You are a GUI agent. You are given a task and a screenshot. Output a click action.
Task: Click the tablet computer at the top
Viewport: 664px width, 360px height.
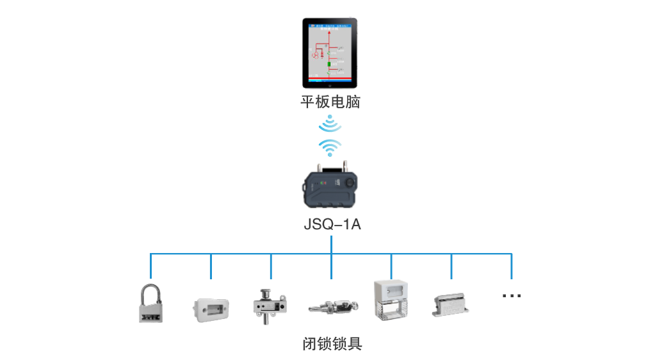pyautogui.click(x=330, y=53)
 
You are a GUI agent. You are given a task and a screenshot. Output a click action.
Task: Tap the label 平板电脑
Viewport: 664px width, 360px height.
pyautogui.click(x=330, y=102)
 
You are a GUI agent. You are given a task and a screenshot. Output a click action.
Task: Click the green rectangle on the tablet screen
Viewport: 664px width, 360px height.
pyautogui.click(x=329, y=65)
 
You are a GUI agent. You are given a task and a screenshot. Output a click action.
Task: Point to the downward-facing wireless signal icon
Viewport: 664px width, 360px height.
pyautogui.click(x=330, y=124)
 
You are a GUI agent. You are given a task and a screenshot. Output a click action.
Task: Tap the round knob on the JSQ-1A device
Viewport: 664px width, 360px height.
pyautogui.click(x=350, y=183)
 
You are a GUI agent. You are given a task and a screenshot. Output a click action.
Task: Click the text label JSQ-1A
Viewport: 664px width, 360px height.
pyautogui.click(x=330, y=225)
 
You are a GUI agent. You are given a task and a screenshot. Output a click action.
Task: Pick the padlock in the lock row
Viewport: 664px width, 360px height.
pyautogui.click(x=151, y=305)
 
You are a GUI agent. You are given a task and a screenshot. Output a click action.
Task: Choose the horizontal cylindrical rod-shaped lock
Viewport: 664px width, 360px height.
pyautogui.click(x=330, y=306)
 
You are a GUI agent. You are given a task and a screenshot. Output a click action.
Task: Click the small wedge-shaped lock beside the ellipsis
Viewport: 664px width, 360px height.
pyautogui.click(x=451, y=306)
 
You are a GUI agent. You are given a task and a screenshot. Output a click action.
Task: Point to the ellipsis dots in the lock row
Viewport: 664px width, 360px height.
pyautogui.click(x=512, y=295)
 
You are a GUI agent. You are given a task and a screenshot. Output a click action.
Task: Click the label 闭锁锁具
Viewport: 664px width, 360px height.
pyautogui.click(x=332, y=344)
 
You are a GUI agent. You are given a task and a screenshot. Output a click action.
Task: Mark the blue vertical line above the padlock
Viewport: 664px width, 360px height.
pyautogui.click(x=151, y=266)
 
